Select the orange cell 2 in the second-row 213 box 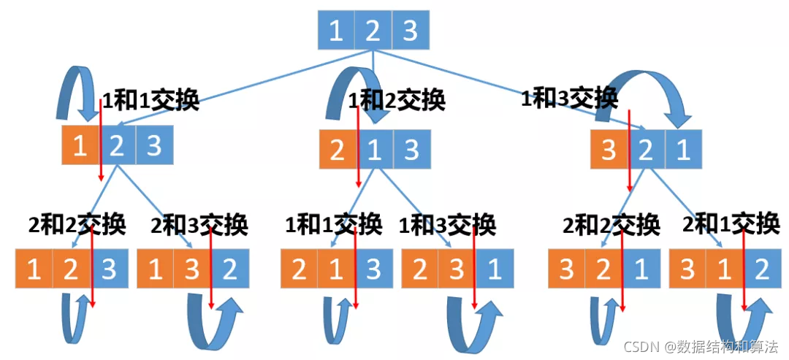(x=338, y=150)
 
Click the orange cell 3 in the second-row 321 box (x=609, y=150)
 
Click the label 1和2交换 (x=397, y=99)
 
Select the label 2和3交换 (x=199, y=223)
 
